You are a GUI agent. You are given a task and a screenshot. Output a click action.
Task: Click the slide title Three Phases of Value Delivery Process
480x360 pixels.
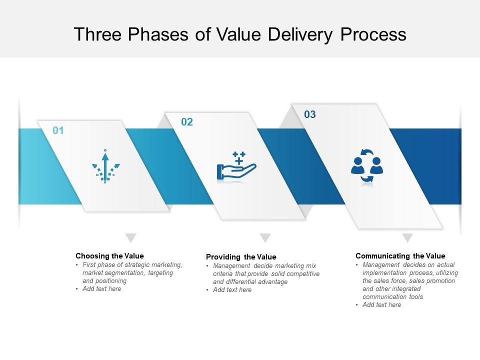tap(240, 34)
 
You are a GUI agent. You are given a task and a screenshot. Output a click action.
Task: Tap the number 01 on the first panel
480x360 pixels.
tap(58, 131)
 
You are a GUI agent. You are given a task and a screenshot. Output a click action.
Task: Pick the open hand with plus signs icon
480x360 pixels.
tap(236, 165)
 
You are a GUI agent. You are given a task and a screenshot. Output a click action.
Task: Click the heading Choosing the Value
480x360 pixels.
tap(109, 256)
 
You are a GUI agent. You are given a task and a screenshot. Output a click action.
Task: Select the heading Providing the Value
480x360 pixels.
tap(241, 257)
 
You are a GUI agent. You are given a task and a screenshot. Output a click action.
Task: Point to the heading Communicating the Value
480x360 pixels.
tap(400, 256)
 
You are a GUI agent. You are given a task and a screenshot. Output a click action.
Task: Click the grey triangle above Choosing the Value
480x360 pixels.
tap(130, 237)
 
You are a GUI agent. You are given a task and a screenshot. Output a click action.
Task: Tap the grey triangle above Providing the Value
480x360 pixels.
tap(265, 237)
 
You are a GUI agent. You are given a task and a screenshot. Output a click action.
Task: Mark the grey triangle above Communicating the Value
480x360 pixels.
tap(407, 237)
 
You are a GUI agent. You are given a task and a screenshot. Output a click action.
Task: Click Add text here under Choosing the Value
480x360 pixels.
tap(102, 289)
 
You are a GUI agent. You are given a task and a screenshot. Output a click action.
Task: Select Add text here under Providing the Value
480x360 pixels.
tap(232, 290)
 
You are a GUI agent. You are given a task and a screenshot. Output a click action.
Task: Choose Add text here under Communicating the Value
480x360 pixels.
tap(382, 305)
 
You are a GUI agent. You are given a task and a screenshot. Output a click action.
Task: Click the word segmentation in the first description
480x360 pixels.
tap(126, 273)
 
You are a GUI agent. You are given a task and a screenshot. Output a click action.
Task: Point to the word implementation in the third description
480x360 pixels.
tap(385, 273)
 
